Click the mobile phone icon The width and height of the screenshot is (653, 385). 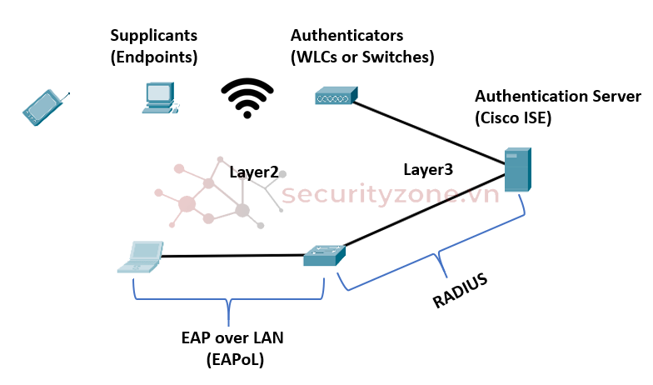pos(42,107)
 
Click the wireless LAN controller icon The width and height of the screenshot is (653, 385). pos(336,97)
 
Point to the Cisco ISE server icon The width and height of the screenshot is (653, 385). pos(517,171)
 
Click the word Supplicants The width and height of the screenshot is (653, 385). pos(154,36)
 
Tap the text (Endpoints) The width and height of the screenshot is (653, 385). pos(153,57)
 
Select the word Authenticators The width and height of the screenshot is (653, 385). pos(346,36)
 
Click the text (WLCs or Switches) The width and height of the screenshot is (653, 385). pos(362,57)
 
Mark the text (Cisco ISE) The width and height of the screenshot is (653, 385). pos(513,117)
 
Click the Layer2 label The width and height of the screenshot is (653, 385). pos(254,172)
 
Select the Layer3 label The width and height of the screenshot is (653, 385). pos(428,169)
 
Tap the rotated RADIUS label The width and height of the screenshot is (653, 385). pos(460,290)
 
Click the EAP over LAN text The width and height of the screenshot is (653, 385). pos(232,337)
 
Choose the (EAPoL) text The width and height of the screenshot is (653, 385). pos(232,359)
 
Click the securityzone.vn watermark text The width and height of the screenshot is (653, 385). pos(390,195)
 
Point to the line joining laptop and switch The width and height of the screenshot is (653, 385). pos(233,257)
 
